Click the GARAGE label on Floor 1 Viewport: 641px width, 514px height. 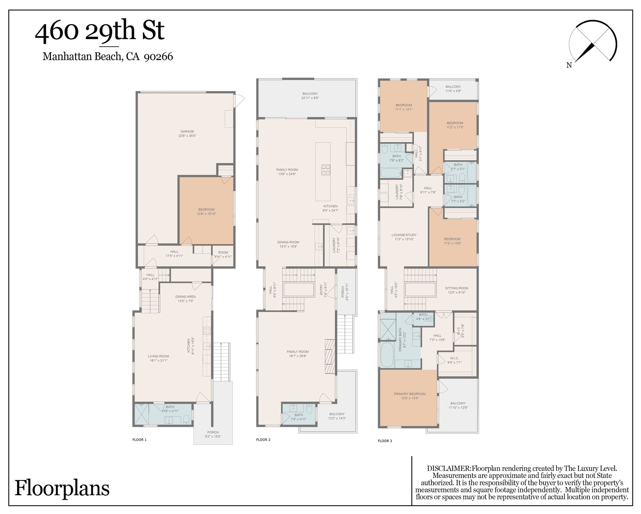tap(187, 132)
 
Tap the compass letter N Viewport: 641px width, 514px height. tap(569, 65)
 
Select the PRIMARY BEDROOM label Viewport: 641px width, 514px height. tap(410, 394)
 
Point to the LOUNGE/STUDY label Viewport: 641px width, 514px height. tap(404, 235)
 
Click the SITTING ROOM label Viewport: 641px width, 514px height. tap(456, 288)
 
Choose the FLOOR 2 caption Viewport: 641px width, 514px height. tap(263, 440)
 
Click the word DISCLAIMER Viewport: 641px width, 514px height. tap(449, 468)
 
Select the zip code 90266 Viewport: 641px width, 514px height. tap(158, 56)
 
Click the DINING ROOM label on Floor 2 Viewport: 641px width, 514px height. tap(288, 242)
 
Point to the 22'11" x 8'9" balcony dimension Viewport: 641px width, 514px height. tap(310, 98)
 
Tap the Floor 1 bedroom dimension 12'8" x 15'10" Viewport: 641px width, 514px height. tap(206, 214)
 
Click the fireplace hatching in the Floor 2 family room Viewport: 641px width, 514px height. tap(330, 356)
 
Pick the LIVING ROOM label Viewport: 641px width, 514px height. tap(158, 356)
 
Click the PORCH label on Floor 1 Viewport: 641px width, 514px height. tap(213, 432)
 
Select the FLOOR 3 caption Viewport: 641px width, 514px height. tap(385, 441)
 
